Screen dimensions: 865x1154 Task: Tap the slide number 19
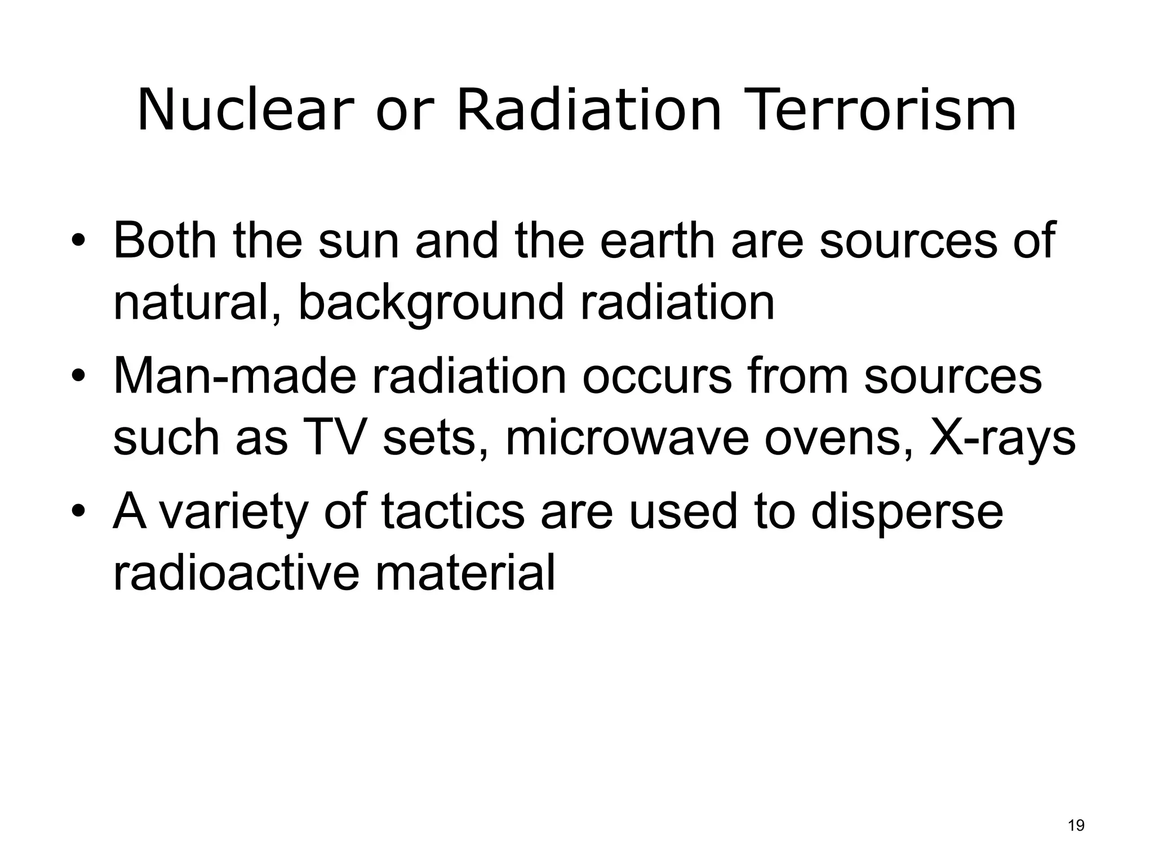pyautogui.click(x=1076, y=826)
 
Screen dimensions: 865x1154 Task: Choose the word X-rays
pyautogui.click(x=1002, y=438)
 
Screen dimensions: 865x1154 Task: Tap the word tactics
pyautogui.click(x=452, y=511)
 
